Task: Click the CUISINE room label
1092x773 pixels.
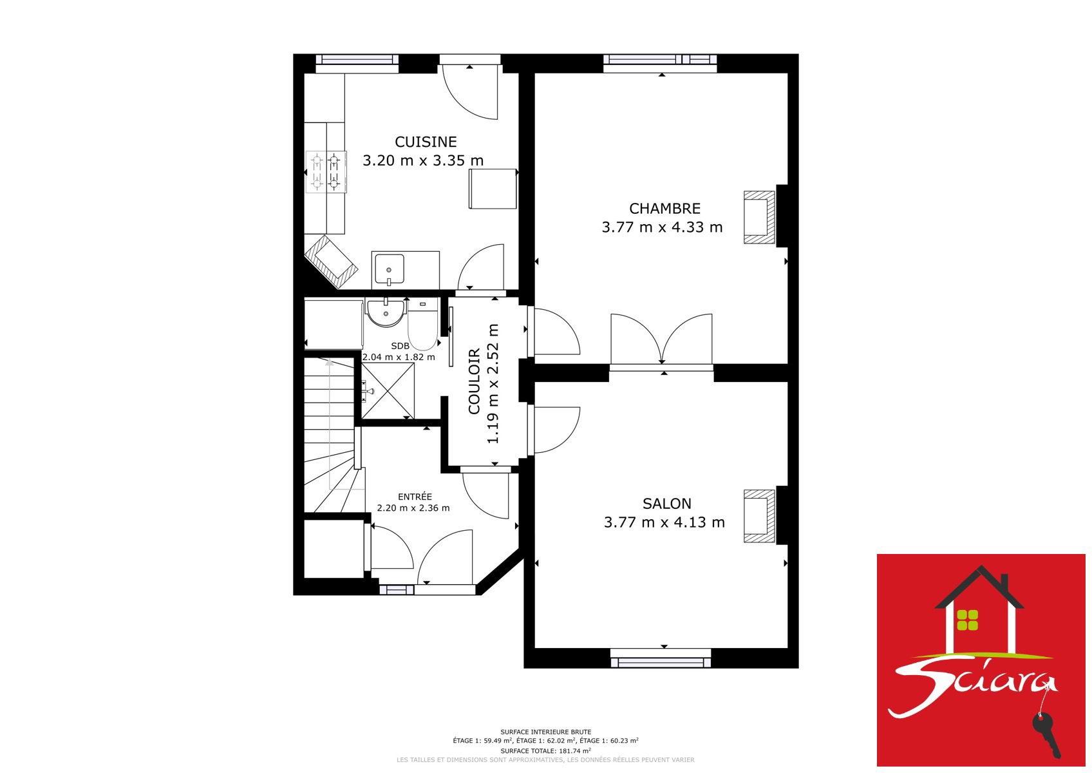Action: click(x=426, y=142)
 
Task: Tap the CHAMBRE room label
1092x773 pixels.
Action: click(x=664, y=209)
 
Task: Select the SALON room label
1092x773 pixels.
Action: click(x=666, y=504)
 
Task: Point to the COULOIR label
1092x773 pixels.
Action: click(x=474, y=381)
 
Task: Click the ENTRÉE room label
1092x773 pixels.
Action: click(x=415, y=497)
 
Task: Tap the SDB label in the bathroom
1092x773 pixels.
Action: click(x=400, y=346)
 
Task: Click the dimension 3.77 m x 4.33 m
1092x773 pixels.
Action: click(x=662, y=227)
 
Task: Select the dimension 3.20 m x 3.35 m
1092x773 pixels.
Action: click(x=423, y=160)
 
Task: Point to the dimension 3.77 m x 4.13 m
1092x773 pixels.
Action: click(x=664, y=522)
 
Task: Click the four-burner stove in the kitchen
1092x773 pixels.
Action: click(x=326, y=172)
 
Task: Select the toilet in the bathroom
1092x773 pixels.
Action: click(x=422, y=324)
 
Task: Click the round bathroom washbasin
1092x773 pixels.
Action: click(x=386, y=313)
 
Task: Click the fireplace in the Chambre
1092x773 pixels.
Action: click(x=759, y=217)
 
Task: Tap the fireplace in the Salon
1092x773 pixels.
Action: click(x=759, y=517)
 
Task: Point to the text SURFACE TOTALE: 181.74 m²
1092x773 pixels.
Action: click(x=545, y=750)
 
